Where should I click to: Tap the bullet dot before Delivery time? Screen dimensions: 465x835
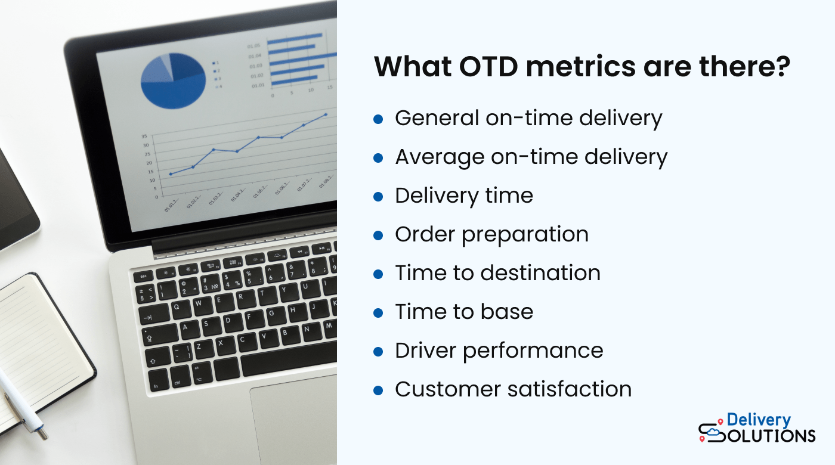click(x=378, y=197)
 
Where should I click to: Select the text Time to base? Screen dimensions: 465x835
click(x=464, y=312)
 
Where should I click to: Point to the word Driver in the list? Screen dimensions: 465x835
click(x=426, y=351)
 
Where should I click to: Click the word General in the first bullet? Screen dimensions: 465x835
click(x=437, y=119)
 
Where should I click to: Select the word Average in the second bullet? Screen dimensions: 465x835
click(x=439, y=157)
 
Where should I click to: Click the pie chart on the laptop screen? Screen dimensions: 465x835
click(x=173, y=80)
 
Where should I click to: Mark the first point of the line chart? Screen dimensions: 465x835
click(x=171, y=174)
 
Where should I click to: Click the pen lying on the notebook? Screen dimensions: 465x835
click(x=21, y=405)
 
